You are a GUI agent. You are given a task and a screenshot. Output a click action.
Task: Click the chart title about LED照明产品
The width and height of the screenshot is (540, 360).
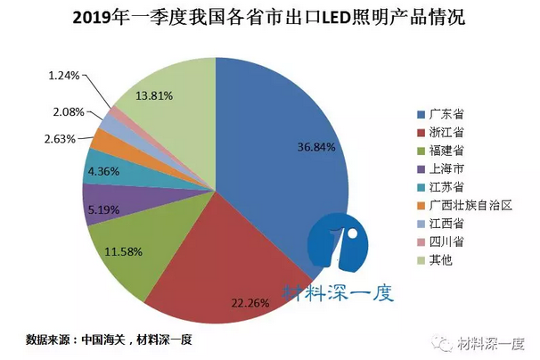(x=269, y=17)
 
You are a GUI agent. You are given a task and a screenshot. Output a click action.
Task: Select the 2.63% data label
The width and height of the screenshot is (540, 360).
(x=68, y=139)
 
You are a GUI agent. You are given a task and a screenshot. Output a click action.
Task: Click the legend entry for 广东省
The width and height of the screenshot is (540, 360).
(x=446, y=115)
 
